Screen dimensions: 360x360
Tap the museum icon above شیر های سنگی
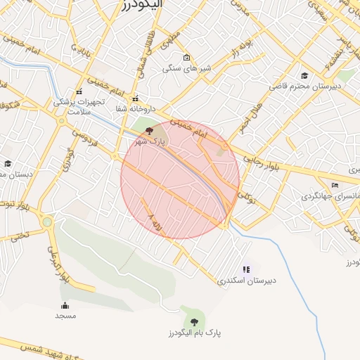(x=186, y=58)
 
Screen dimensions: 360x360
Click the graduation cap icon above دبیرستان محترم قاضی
(x=304, y=75)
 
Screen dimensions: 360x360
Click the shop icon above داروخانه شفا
(x=136, y=98)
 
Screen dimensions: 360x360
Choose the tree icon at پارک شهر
(x=148, y=131)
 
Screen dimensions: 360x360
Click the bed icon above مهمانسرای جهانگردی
(x=335, y=185)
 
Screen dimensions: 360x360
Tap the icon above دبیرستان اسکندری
(x=246, y=269)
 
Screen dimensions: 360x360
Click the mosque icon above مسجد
(x=65, y=305)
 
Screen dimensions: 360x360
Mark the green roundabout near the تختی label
(x=48, y=222)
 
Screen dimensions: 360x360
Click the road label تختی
(x=20, y=235)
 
